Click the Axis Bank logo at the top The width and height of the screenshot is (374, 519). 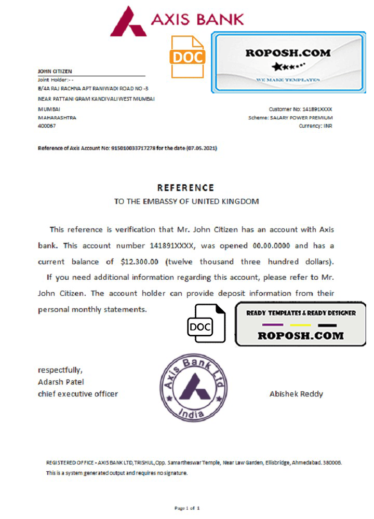tap(177, 20)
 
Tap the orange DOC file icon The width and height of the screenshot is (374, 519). tap(188, 57)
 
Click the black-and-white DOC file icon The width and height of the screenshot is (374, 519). tap(207, 324)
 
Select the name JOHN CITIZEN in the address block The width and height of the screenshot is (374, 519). tap(55, 71)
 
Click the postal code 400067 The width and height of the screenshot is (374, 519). tap(46, 126)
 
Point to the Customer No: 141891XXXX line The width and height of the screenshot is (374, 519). tap(300, 110)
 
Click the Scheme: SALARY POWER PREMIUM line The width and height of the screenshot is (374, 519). tap(290, 118)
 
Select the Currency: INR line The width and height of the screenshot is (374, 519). tap(315, 126)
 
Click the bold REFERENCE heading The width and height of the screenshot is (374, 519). tap(185, 188)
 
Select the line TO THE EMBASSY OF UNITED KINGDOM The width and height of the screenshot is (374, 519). tap(186, 201)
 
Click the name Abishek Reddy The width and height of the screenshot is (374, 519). tap(296, 394)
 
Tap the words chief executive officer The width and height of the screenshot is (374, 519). tap(78, 394)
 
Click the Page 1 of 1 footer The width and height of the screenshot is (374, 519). tap(186, 508)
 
